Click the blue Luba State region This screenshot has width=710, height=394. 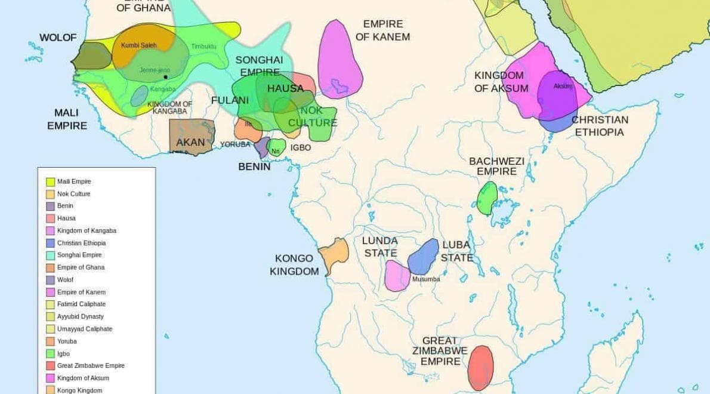[424, 257]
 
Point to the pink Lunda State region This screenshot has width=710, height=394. [396, 276]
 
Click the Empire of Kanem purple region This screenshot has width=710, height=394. [339, 60]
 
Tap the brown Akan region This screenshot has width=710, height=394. [192, 136]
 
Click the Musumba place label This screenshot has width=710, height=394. [426, 279]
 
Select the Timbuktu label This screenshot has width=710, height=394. [203, 47]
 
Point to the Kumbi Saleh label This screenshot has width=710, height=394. [138, 45]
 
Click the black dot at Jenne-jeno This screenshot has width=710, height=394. [165, 77]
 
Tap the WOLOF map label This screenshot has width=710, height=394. [58, 38]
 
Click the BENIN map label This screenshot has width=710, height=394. [254, 167]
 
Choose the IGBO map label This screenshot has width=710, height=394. [301, 147]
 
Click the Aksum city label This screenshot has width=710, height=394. [563, 87]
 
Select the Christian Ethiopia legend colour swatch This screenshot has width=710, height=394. [50, 243]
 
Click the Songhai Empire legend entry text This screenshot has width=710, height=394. [79, 255]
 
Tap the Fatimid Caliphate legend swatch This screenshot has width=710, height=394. [50, 304]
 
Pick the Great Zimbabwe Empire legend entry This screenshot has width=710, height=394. [91, 365]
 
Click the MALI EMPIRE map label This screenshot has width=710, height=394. [67, 119]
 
